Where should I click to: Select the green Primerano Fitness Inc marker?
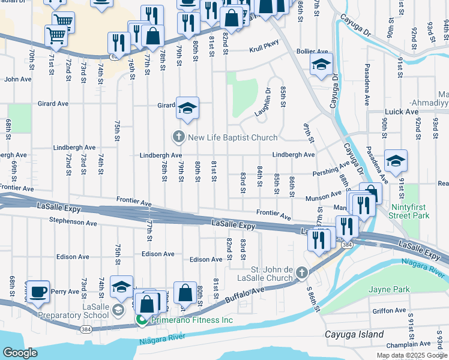click(143, 320)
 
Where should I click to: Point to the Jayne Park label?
click(390, 289)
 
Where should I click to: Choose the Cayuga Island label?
click(354, 334)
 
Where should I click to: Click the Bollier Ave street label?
click(313, 52)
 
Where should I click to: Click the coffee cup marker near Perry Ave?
click(38, 292)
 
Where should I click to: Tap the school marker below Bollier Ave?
click(321, 64)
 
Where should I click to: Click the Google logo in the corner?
click(20, 353)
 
